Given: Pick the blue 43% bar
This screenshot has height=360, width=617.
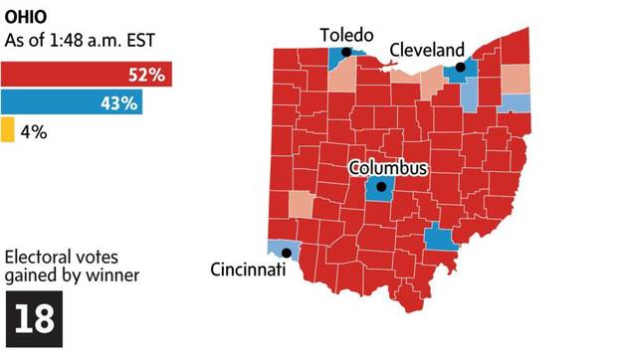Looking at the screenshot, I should (x=72, y=101).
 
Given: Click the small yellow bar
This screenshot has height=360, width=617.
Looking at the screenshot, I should (x=7, y=129).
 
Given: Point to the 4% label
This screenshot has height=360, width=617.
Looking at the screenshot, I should (x=34, y=129).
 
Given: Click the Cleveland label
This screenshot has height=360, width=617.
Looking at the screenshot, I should (x=427, y=49).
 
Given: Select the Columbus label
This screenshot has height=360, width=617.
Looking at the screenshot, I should (x=387, y=168).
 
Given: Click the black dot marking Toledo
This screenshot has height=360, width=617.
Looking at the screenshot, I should (x=345, y=53).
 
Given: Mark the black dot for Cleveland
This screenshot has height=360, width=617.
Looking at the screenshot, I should (x=460, y=69).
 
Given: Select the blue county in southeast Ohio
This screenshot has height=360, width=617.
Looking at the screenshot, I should (x=439, y=239).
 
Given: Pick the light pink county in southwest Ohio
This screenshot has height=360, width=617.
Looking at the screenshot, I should (x=300, y=204).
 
